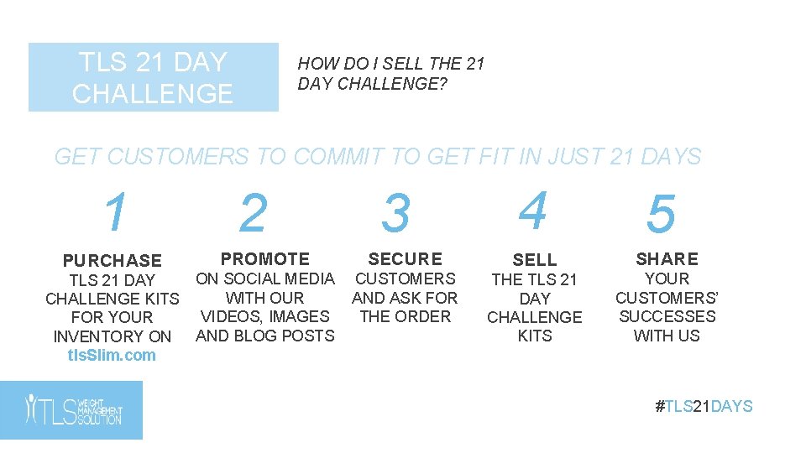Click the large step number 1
click(x=117, y=213)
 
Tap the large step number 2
click(x=253, y=214)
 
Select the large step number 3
click(x=395, y=214)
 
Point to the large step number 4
click(x=533, y=211)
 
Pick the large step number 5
click(x=661, y=215)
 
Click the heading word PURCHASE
click(x=112, y=261)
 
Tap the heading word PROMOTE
click(x=264, y=259)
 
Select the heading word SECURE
click(x=405, y=259)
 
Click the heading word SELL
click(x=535, y=261)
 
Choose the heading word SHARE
click(x=667, y=259)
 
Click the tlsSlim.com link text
click(x=112, y=355)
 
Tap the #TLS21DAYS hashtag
click(x=704, y=407)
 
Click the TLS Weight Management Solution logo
click(x=71, y=410)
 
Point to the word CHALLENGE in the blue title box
click(x=153, y=94)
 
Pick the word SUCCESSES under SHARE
click(x=667, y=316)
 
